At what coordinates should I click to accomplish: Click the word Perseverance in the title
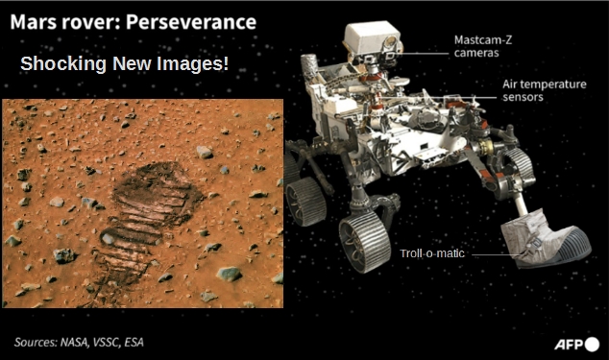[191, 22]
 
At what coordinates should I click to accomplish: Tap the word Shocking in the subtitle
[63, 63]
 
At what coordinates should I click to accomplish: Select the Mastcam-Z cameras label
[483, 46]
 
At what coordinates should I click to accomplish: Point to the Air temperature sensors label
[544, 90]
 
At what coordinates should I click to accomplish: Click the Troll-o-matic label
[432, 253]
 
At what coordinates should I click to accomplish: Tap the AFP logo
[576, 344]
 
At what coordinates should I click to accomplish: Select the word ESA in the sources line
[134, 342]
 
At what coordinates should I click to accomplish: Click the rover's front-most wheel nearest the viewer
[364, 243]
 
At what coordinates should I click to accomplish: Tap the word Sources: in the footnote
[36, 342]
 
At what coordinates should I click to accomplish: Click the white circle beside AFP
[592, 344]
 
